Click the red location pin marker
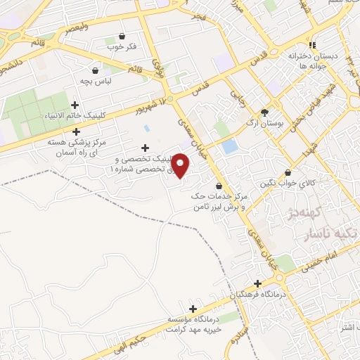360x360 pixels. point(181,167)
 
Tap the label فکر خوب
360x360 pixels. point(122,48)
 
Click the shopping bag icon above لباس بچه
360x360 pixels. point(95,70)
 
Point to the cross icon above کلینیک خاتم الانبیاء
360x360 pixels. point(75,105)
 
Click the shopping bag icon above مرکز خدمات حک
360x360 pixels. point(221,186)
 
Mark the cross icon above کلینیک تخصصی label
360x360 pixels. point(145,148)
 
